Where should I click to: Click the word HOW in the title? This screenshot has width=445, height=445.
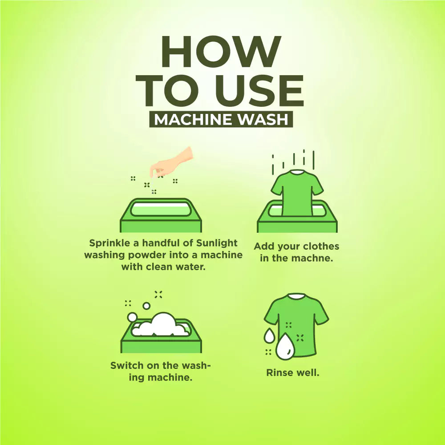(221, 52)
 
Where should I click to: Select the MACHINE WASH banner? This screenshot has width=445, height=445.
(221, 119)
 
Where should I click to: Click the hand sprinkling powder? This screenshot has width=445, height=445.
(171, 162)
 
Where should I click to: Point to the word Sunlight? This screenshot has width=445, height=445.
(217, 243)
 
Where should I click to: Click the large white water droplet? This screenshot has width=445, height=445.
(286, 346)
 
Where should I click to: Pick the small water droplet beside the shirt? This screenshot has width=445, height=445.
(269, 336)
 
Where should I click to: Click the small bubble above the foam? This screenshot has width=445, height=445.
(146, 306)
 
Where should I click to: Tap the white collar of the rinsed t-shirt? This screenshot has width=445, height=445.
(297, 296)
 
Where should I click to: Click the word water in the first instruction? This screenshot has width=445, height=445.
(191, 267)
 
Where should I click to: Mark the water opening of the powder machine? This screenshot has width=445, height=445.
(160, 210)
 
